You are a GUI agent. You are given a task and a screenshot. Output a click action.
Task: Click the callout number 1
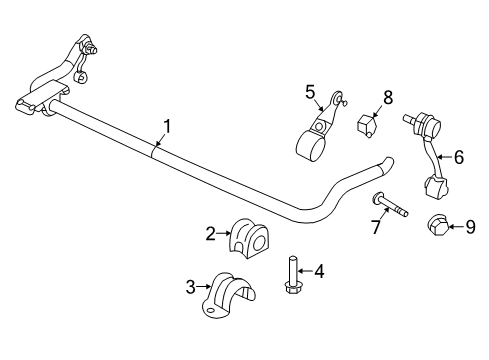[x=168, y=126]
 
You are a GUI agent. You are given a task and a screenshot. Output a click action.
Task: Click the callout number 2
[x=211, y=234]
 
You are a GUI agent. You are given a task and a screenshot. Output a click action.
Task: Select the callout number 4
[x=319, y=271]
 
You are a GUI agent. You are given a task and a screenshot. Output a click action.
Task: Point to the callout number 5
[x=310, y=91]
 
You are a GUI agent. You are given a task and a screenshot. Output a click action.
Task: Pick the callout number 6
[x=459, y=157]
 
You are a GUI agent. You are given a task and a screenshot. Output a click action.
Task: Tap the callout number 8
[x=388, y=97]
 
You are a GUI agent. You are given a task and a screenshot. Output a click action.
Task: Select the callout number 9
[x=471, y=228]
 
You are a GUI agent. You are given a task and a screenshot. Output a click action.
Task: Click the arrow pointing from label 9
[x=457, y=228]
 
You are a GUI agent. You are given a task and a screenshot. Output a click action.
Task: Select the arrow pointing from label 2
[x=223, y=235]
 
